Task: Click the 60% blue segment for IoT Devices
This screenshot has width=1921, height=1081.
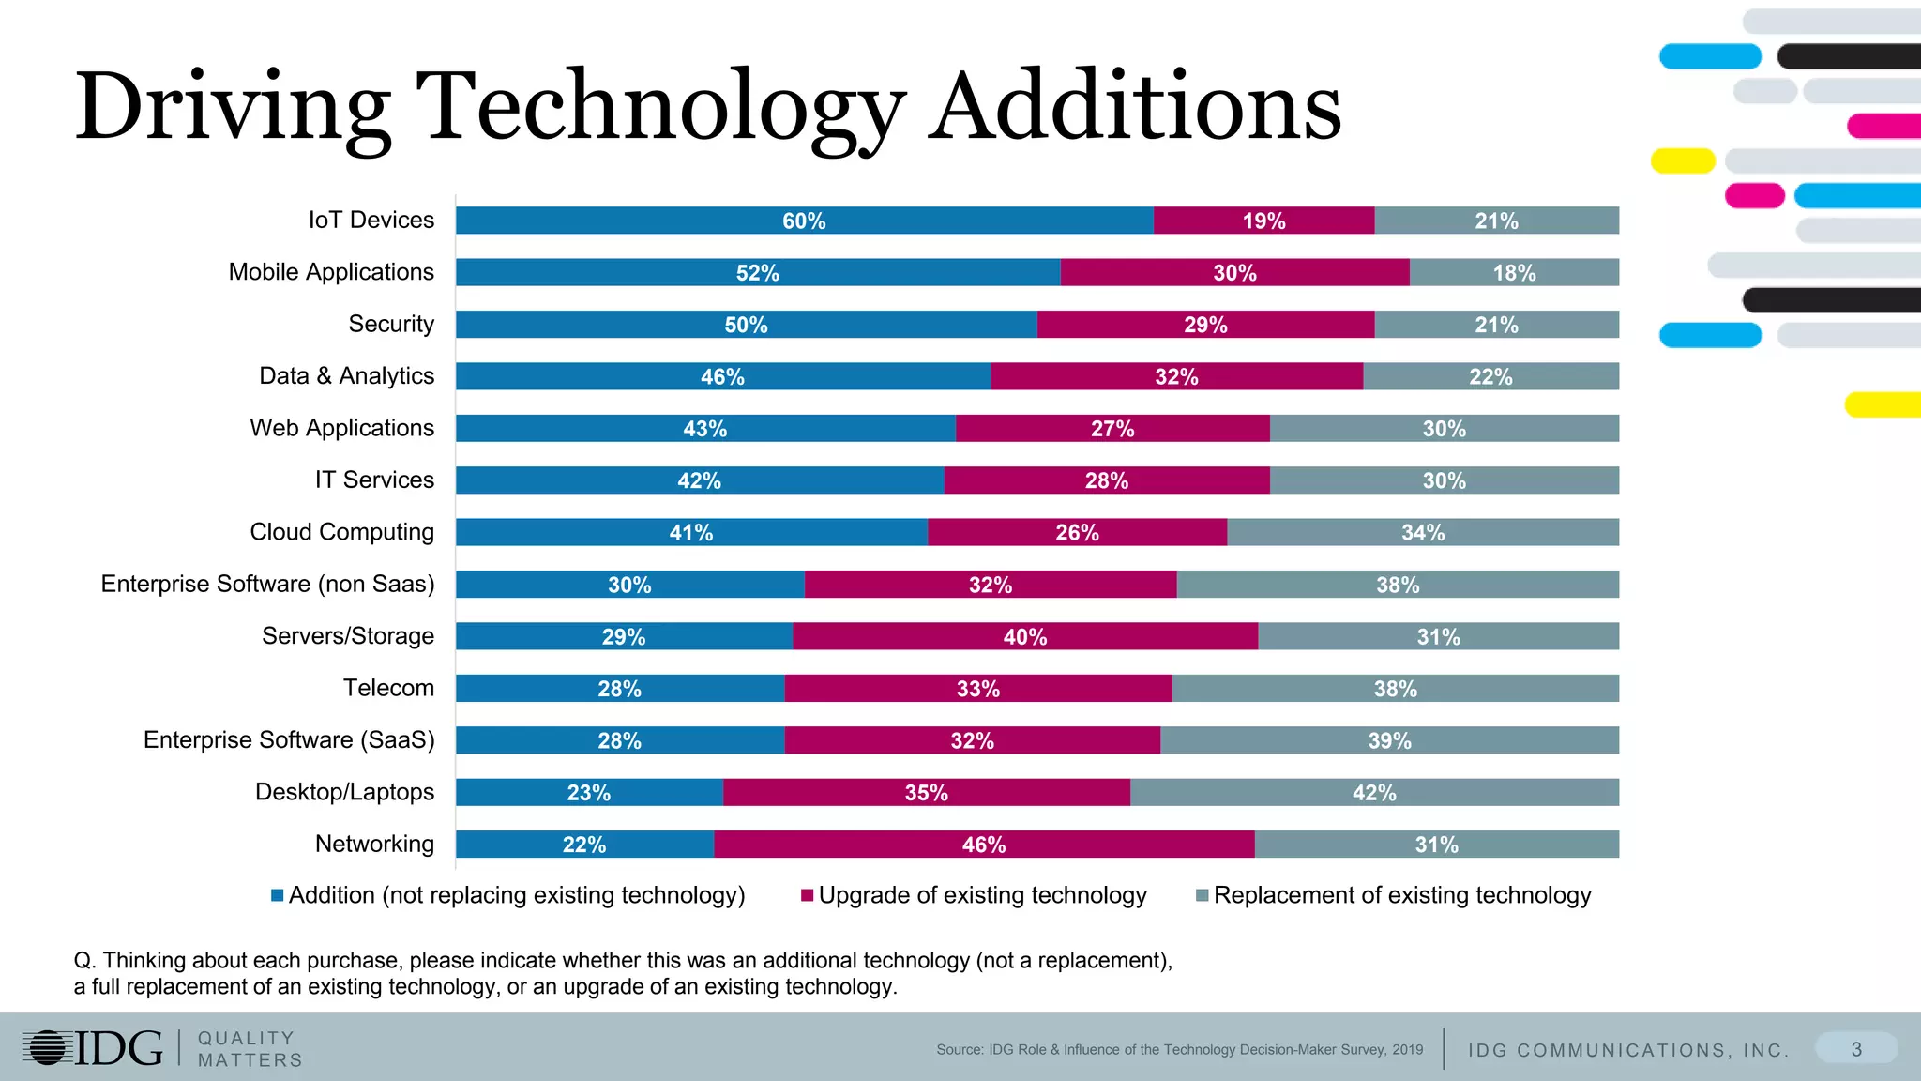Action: pos(804,221)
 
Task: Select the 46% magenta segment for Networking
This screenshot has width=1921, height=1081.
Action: pos(983,845)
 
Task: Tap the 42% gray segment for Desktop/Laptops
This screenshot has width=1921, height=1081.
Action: pos(1374,793)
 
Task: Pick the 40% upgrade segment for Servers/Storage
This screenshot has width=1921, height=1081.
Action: pos(1024,637)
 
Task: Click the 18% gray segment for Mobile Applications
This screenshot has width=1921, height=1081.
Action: pos(1514,273)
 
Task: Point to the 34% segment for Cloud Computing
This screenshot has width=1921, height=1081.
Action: pos(1422,533)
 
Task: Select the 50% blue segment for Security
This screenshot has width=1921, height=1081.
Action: pos(746,325)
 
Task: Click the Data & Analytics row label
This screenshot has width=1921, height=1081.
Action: pos(346,376)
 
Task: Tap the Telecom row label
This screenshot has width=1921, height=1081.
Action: pos(388,688)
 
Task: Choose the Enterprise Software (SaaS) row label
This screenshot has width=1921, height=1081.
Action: pos(289,740)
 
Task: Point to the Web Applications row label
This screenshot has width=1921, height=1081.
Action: pos(341,428)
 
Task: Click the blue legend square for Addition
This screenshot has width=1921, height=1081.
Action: pos(278,896)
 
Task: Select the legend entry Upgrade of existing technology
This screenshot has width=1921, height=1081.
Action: pos(982,896)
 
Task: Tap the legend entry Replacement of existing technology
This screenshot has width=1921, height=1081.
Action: pos(1401,896)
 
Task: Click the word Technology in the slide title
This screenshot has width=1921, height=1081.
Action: pos(659,106)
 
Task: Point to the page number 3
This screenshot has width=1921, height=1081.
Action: pos(1856,1049)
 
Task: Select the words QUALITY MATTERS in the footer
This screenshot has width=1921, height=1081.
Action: pos(250,1049)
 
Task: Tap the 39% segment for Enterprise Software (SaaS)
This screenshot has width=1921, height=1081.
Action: pos(1389,741)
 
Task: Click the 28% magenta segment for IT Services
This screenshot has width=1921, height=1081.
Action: pos(1106,481)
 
